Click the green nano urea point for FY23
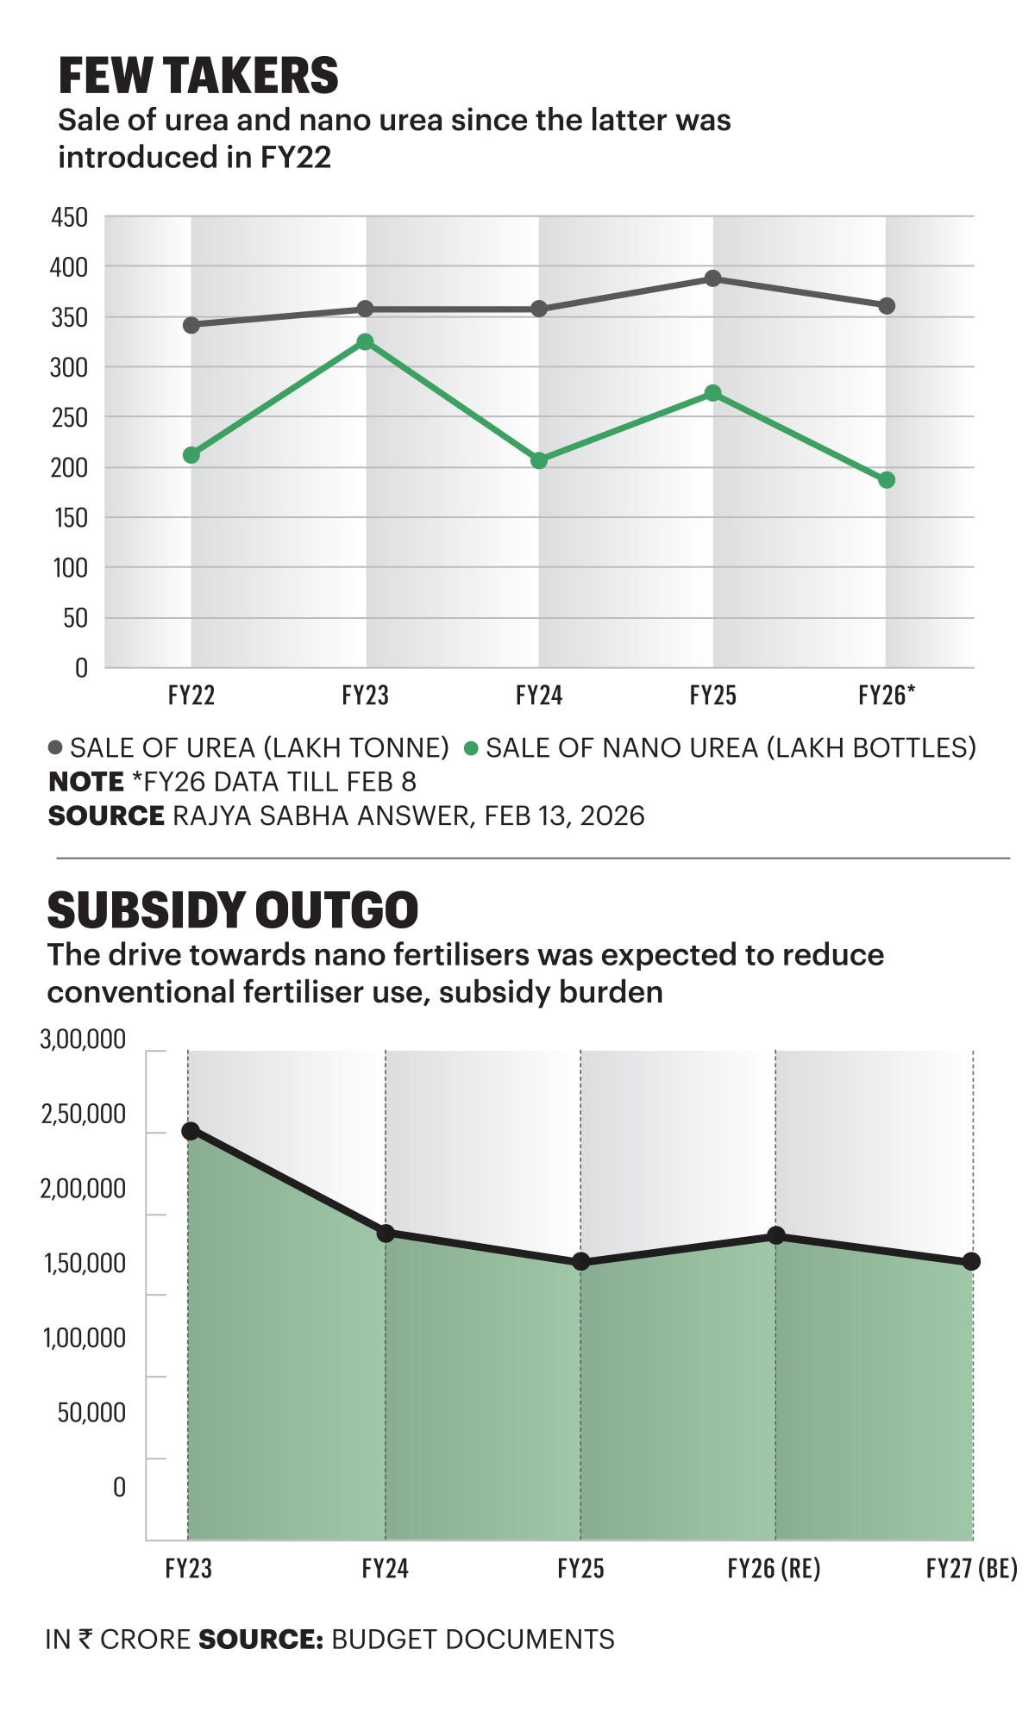[x=365, y=342]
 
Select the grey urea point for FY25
[x=712, y=278]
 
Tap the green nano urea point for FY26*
[x=887, y=480]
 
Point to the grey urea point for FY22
[x=191, y=325]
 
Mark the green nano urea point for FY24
[x=539, y=460]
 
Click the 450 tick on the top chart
[x=69, y=217]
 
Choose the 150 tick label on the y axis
[x=69, y=518]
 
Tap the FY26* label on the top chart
[x=887, y=695]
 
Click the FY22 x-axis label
[x=191, y=695]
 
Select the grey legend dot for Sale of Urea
[x=56, y=747]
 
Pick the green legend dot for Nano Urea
[x=471, y=748]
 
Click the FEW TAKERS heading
[x=198, y=76]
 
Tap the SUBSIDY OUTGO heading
[x=233, y=910]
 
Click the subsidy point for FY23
[x=191, y=1131]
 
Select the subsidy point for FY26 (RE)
[x=775, y=1235]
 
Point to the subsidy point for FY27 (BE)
[x=971, y=1261]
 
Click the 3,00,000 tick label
[x=83, y=1040]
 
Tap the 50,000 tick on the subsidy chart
[x=91, y=1412]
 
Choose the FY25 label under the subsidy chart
[x=580, y=1568]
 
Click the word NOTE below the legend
[x=86, y=782]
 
